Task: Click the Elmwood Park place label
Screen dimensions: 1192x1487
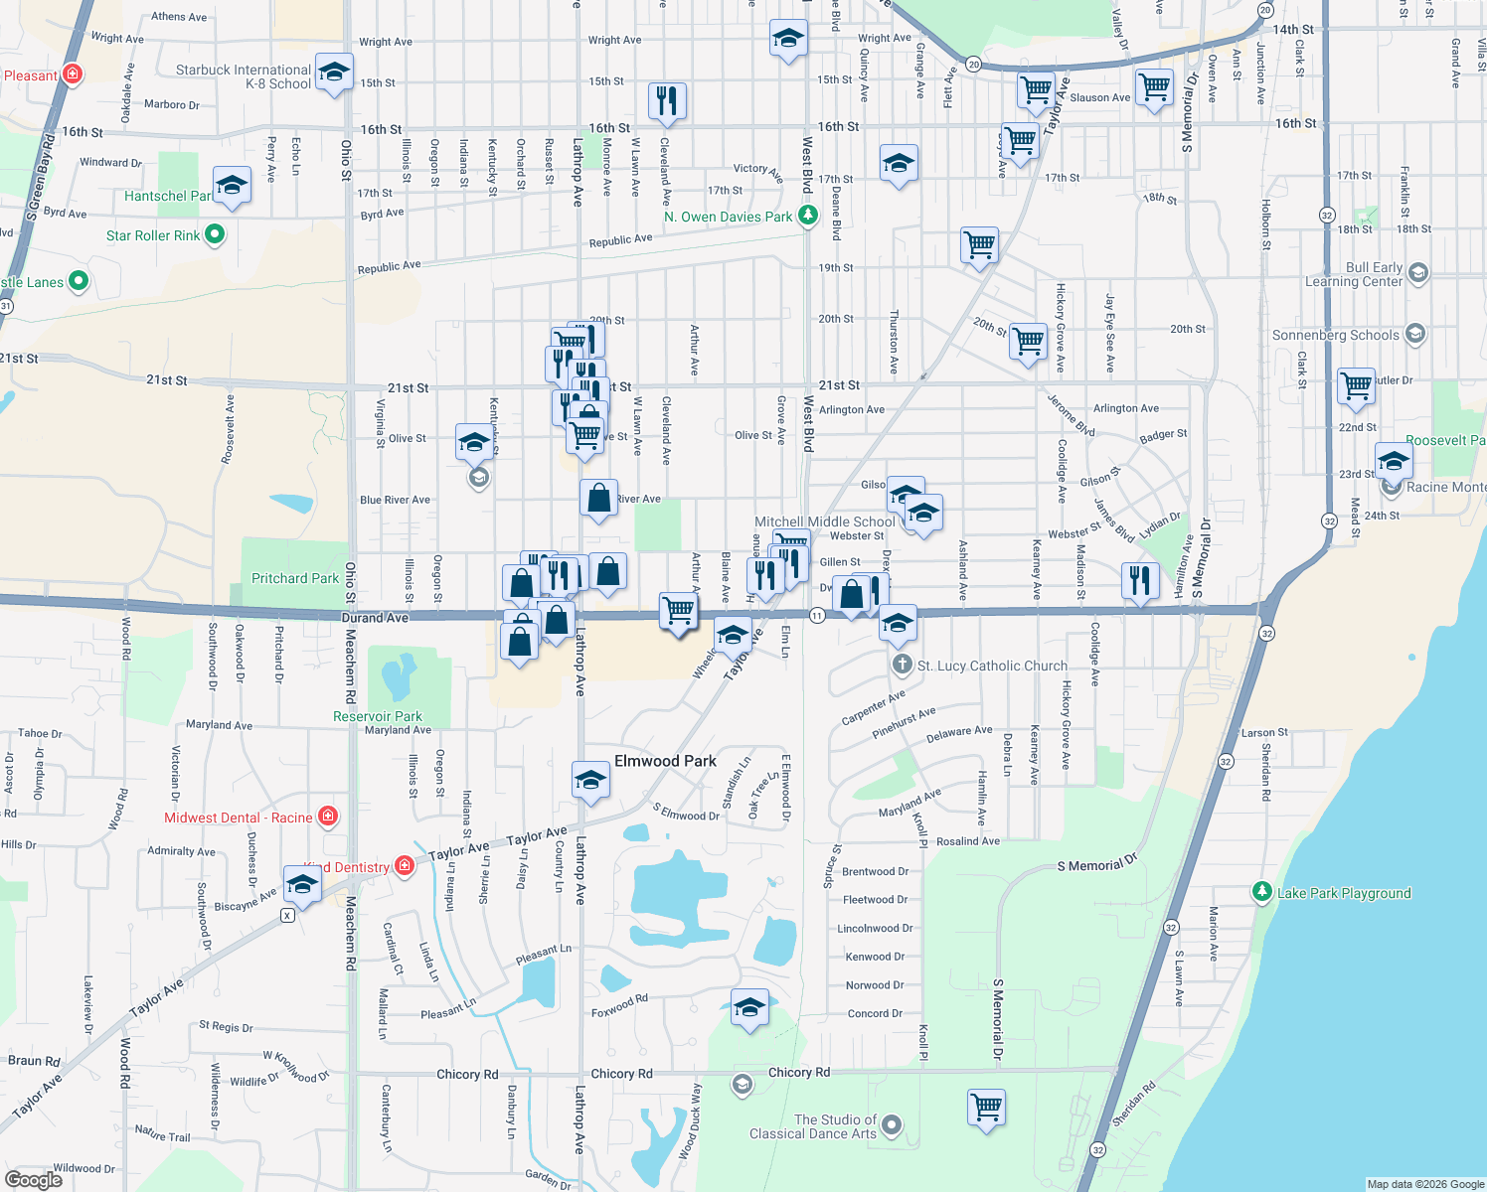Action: (665, 761)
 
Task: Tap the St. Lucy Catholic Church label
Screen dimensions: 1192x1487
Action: (992, 666)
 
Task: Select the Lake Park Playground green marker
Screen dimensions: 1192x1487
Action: (1261, 892)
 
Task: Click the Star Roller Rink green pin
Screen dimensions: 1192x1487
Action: (214, 235)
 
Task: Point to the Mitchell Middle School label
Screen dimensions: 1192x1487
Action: (825, 521)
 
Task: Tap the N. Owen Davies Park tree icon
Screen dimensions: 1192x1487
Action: (808, 215)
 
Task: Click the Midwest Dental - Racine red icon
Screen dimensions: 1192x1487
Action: (328, 817)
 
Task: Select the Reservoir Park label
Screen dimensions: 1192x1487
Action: (378, 716)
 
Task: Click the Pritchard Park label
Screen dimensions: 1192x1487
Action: (295, 578)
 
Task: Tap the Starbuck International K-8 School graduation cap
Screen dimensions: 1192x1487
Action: (334, 72)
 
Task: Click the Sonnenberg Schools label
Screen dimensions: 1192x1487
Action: (1335, 335)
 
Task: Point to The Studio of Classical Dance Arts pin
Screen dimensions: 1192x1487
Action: (892, 1124)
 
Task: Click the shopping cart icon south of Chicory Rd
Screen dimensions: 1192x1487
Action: (987, 1106)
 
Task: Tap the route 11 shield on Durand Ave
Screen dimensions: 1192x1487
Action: (816, 616)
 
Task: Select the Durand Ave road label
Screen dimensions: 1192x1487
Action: (375, 618)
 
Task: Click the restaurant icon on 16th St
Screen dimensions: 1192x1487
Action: (667, 101)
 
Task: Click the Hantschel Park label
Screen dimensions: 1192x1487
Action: (167, 196)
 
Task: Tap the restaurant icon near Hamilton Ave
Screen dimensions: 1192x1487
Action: (1140, 579)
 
